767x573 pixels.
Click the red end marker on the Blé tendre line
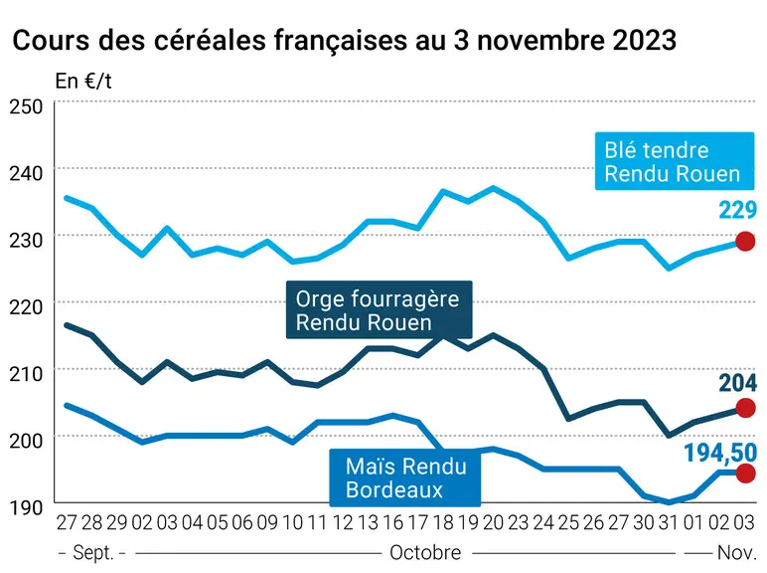[745, 242]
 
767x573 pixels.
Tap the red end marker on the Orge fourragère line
[745, 408]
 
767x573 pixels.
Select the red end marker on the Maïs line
[745, 474]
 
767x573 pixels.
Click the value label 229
[737, 210]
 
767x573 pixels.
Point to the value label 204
[737, 383]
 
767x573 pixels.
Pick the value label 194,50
[720, 453]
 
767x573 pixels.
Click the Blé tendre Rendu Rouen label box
[674, 161]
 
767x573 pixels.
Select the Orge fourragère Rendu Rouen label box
[380, 309]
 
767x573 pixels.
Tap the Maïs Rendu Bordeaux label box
[405, 477]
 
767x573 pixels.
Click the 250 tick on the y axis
[26, 106]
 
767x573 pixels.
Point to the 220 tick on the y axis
[26, 307]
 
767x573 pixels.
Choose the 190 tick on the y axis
[26, 508]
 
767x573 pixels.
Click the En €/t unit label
[83, 82]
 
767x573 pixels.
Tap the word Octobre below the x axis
[425, 553]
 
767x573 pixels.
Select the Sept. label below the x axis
[93, 553]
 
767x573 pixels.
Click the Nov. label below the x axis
[736, 553]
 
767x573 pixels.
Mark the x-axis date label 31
[669, 523]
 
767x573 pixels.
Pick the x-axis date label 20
[493, 523]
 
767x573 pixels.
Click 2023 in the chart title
[644, 40]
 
